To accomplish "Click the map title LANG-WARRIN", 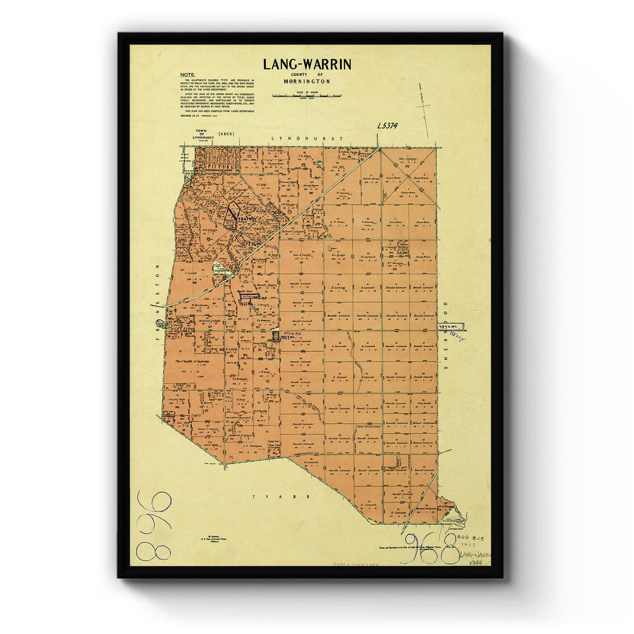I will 307,64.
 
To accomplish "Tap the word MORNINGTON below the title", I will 306,82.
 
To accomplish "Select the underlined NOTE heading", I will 187,74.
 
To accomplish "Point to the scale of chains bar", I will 306,96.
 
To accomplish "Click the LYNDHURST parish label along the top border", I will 306,138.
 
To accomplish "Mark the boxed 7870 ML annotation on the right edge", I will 450,328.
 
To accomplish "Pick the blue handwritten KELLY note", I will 457,336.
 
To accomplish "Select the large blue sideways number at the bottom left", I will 154,525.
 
